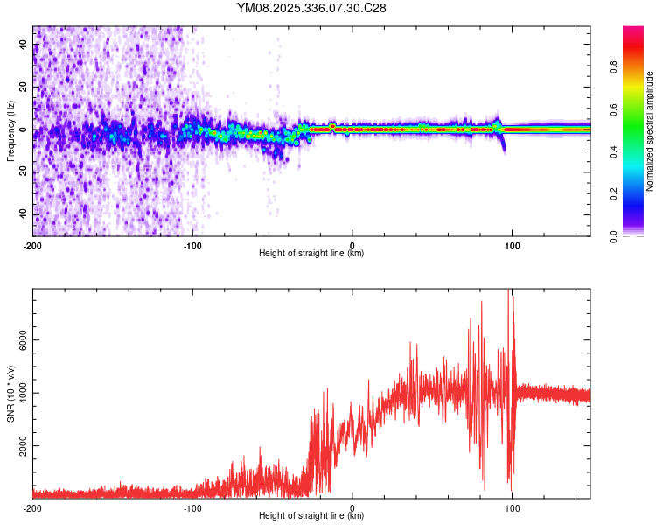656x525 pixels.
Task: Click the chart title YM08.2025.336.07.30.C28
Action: [x=311, y=8]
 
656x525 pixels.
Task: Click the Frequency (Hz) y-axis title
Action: [x=10, y=131]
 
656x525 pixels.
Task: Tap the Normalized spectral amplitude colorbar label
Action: [x=650, y=131]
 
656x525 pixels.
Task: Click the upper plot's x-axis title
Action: [x=311, y=253]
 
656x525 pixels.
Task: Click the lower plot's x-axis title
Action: [x=311, y=515]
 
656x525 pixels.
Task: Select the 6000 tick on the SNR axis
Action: [x=17, y=340]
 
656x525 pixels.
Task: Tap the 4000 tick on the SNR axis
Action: [x=17, y=393]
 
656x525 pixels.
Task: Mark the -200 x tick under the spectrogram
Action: [x=33, y=246]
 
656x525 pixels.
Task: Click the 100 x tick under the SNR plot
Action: [x=513, y=508]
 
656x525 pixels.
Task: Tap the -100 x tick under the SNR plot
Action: [x=192, y=508]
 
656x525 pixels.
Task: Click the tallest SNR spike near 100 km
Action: [x=510, y=294]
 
